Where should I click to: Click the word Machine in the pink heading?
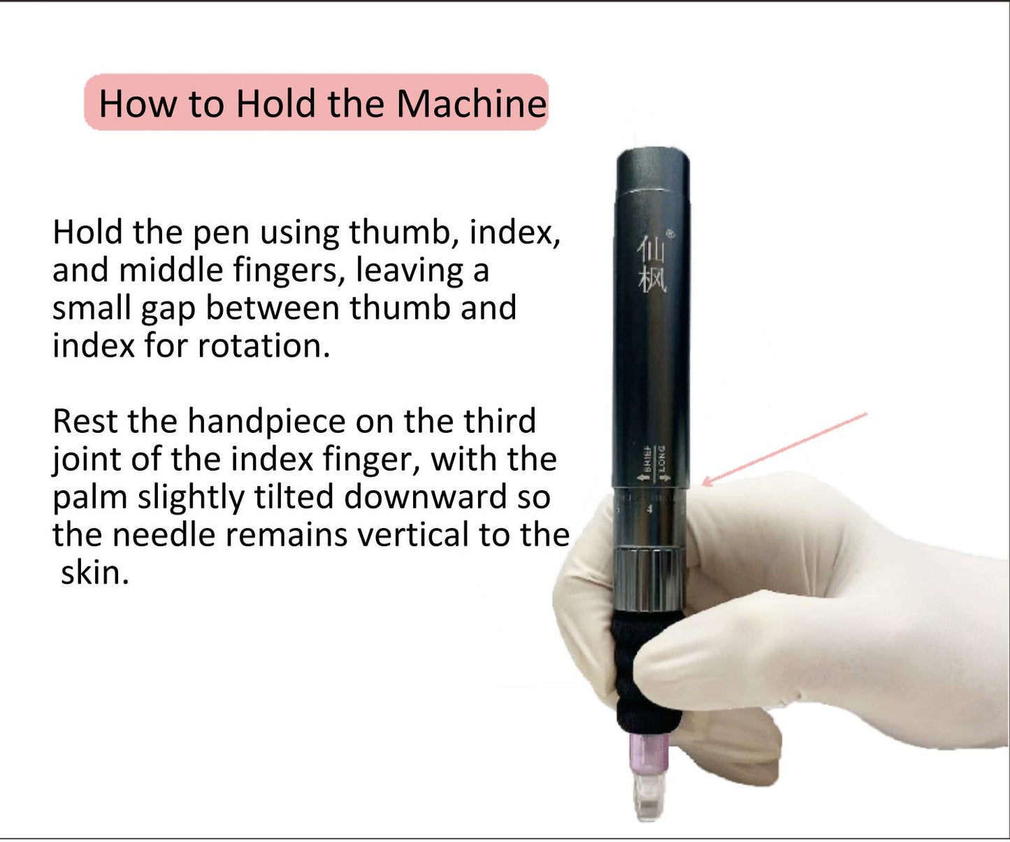[471, 104]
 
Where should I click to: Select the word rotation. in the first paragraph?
[264, 345]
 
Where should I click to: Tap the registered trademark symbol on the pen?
[670, 234]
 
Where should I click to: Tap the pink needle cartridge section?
[649, 752]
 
